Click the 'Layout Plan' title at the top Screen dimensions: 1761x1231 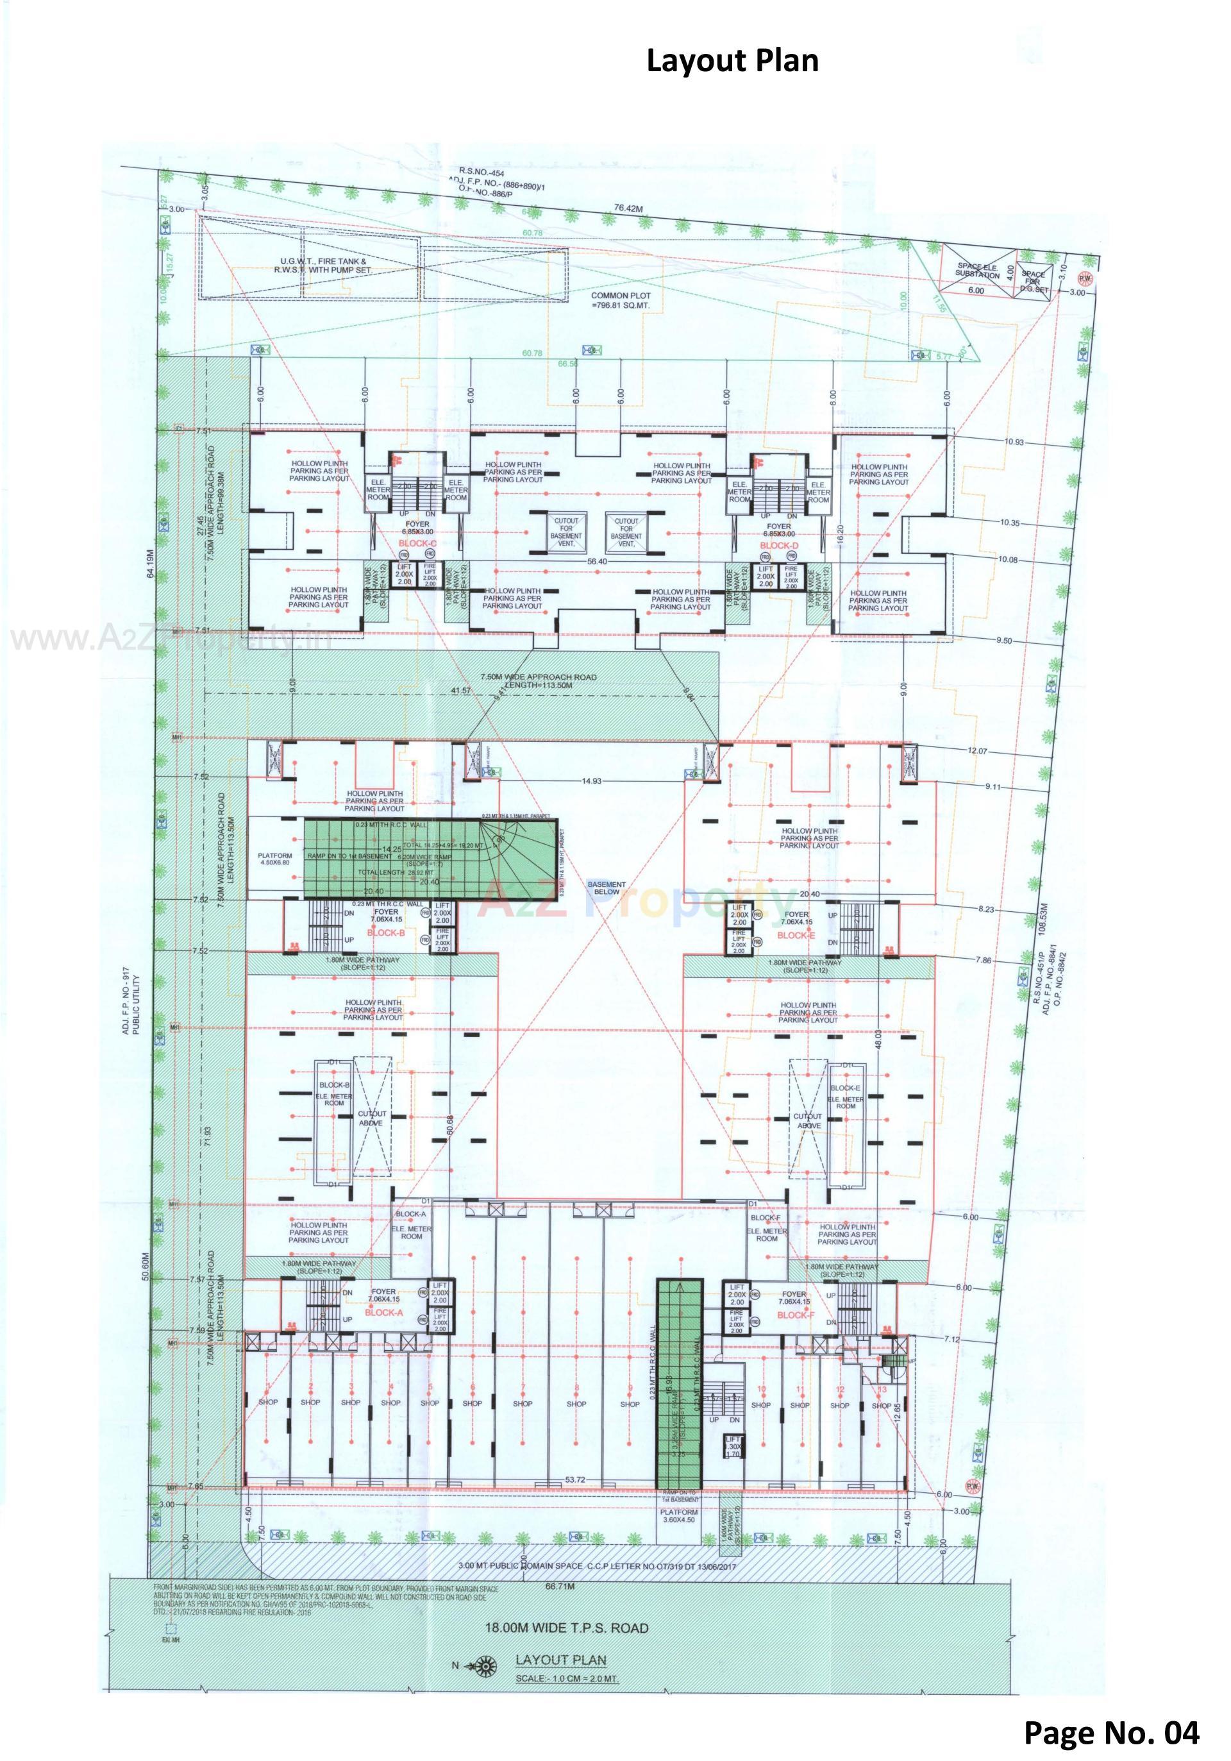pos(732,60)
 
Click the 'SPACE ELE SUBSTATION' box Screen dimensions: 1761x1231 pos(977,271)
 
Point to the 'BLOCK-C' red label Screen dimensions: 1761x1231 pos(417,543)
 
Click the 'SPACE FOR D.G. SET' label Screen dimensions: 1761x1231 pos(1033,282)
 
